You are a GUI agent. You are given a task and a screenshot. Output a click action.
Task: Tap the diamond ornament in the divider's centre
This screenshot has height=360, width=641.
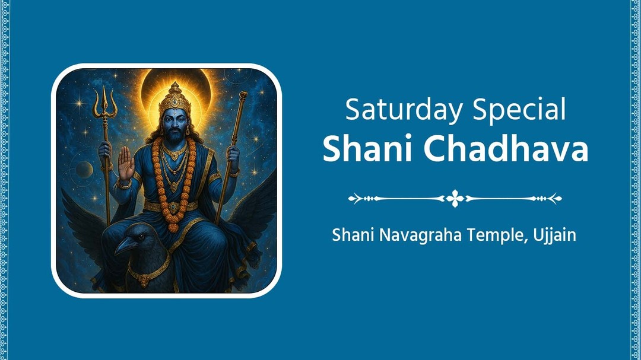(x=455, y=198)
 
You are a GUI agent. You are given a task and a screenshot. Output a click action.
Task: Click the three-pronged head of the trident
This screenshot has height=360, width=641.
(x=104, y=101)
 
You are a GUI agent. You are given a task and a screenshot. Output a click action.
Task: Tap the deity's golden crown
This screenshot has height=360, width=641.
(x=174, y=100)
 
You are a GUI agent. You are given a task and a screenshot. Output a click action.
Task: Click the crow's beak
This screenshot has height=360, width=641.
(x=125, y=244)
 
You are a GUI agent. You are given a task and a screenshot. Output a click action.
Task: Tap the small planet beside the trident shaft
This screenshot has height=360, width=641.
(x=84, y=169)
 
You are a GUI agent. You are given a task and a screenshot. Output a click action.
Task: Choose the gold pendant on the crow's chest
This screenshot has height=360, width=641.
(x=144, y=280)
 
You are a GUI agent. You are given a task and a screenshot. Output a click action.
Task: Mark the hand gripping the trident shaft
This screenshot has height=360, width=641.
(x=104, y=149)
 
